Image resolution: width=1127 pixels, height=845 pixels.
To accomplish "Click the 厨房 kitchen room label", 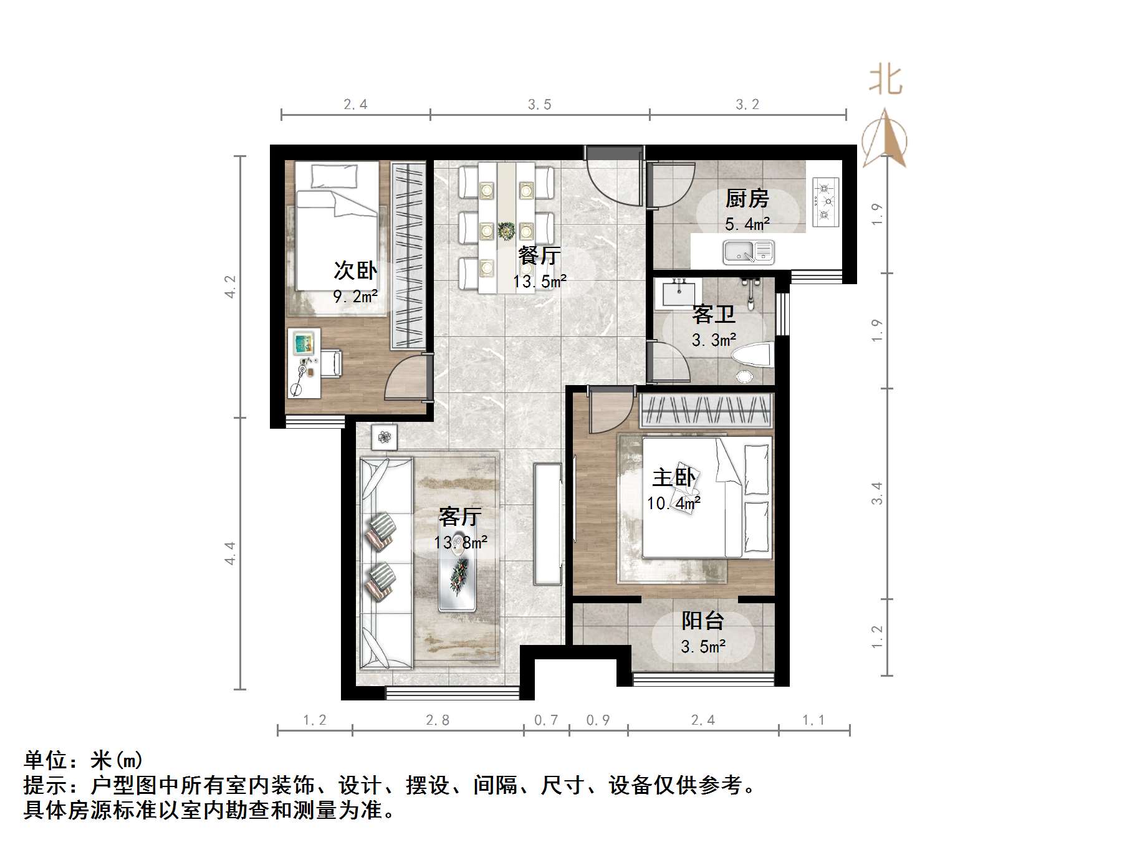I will click(747, 199).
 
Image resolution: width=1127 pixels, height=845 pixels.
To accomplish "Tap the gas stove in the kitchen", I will click(827, 201).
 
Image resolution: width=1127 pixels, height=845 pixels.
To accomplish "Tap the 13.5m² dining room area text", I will click(540, 282).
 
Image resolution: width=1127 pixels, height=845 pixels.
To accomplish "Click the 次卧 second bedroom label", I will click(355, 270).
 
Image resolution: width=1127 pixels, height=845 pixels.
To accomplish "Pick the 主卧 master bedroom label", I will click(673, 478).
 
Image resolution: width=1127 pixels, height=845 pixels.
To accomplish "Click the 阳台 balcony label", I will click(703, 621).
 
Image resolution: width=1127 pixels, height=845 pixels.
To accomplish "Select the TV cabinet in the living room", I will click(548, 523).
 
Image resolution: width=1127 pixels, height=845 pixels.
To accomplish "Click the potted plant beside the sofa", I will click(384, 437).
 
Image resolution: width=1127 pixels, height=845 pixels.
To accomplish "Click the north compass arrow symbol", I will click(885, 140).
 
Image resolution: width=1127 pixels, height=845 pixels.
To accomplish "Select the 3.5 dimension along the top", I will click(540, 105).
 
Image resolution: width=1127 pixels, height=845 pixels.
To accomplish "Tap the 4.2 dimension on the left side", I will click(231, 287).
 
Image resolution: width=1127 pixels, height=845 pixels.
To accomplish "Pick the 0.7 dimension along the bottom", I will click(546, 720).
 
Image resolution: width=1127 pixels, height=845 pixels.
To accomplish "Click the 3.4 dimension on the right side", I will click(877, 494).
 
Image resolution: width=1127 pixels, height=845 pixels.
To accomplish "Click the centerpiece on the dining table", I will click(506, 231).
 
